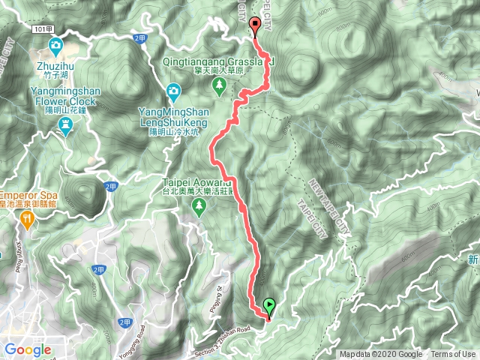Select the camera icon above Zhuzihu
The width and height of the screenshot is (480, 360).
[x=55, y=49]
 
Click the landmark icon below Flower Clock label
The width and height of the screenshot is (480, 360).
[x=66, y=129]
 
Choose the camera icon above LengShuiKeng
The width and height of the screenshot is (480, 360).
[x=173, y=91]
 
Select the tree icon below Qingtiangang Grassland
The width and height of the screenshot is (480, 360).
[x=219, y=87]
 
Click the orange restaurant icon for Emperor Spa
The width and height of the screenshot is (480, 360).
[x=28, y=218]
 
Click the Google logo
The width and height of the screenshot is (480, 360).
[x=28, y=349]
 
